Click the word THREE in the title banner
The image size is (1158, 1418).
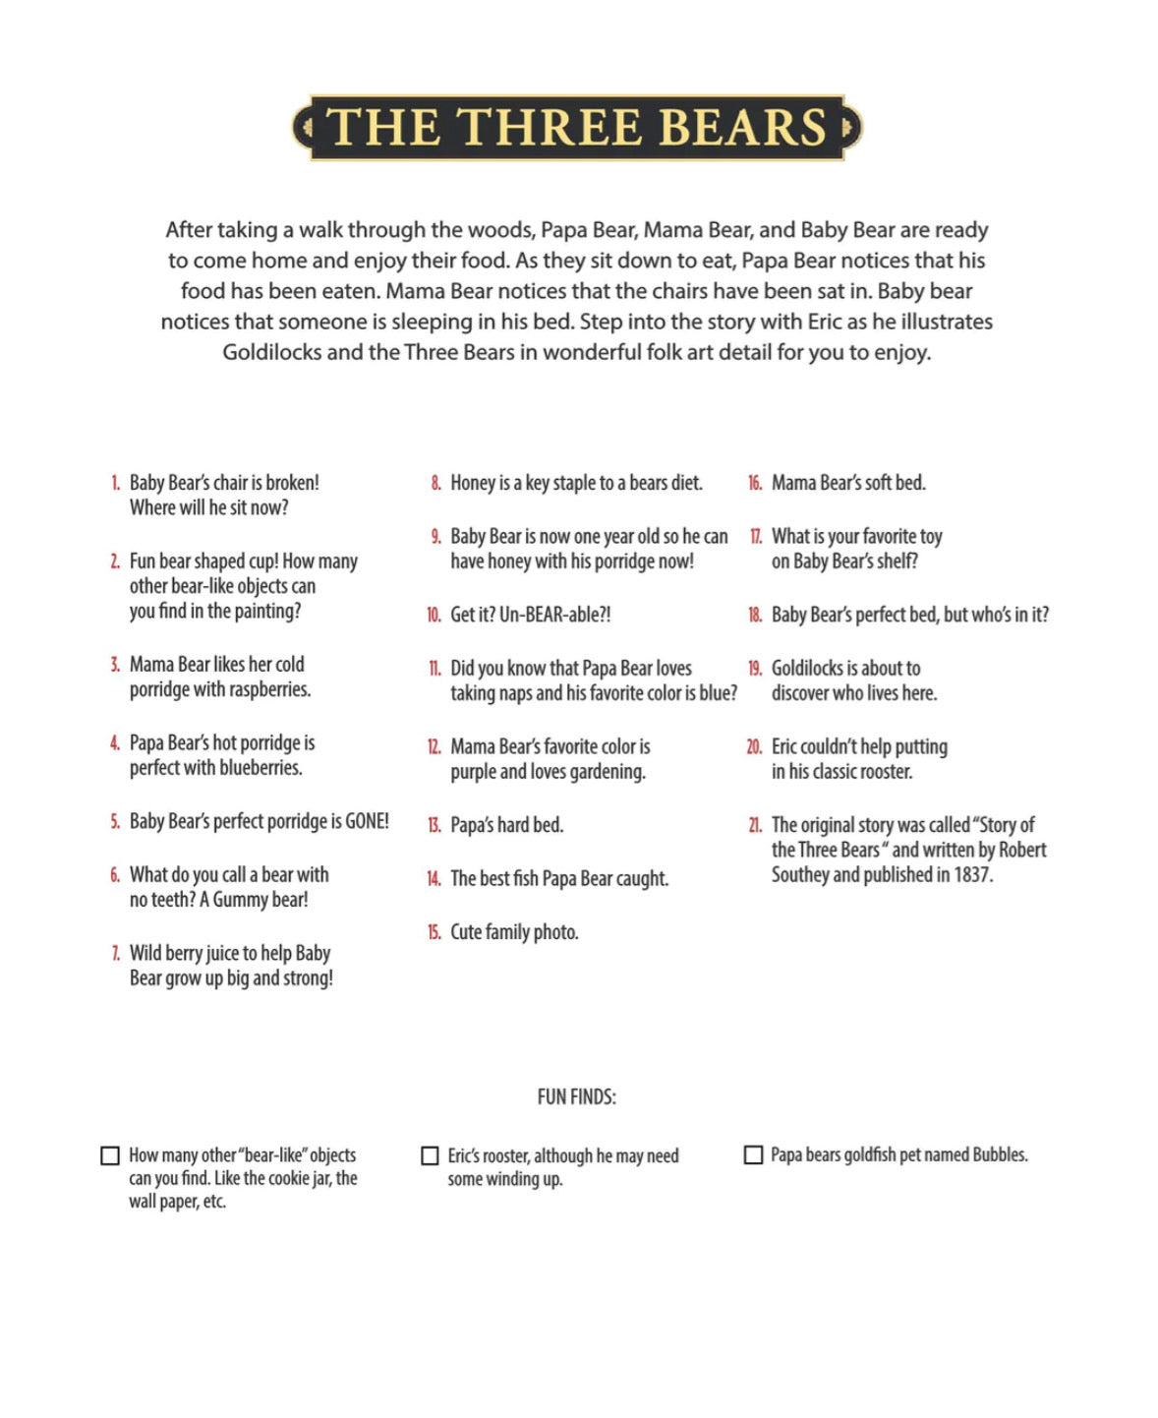[549, 128]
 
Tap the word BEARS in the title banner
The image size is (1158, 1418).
[742, 128]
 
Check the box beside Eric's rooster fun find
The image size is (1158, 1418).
[430, 1155]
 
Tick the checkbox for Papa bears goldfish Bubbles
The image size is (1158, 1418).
[753, 1154]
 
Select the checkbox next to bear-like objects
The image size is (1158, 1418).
[110, 1155]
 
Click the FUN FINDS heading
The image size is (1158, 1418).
[577, 1096]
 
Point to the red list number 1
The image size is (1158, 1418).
[115, 483]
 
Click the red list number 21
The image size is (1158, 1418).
[755, 825]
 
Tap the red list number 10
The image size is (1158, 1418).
[434, 615]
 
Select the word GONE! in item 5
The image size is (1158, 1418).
[367, 821]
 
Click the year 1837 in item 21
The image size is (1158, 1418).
[972, 874]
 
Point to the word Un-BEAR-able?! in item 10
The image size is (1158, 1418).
[555, 615]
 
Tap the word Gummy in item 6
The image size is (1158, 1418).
[235, 900]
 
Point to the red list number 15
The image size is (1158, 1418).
[434, 932]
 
